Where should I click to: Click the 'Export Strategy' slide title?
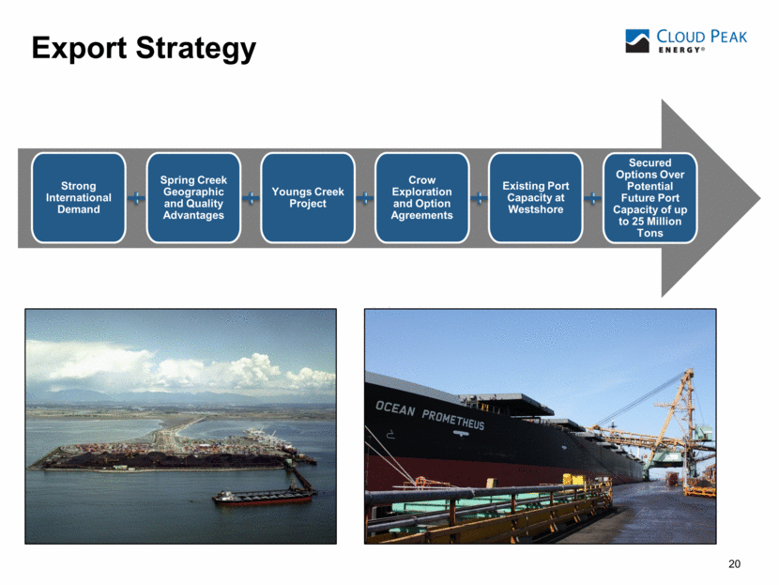(x=144, y=49)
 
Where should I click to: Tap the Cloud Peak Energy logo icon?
(x=637, y=40)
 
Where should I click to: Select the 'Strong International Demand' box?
(x=79, y=198)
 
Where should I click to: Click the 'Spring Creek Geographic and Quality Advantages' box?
(x=193, y=198)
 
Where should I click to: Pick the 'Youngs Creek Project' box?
(x=308, y=198)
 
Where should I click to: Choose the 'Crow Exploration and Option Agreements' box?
(x=421, y=198)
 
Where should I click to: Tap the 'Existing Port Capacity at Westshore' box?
(x=536, y=198)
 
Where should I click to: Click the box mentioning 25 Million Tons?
(x=649, y=198)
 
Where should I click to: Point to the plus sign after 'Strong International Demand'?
(x=136, y=199)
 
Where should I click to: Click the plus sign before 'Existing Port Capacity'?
(x=479, y=199)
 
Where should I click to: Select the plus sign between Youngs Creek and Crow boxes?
(x=365, y=199)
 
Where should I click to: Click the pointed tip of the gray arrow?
(x=759, y=198)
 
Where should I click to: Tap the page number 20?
(x=734, y=563)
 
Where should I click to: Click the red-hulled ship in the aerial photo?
(x=264, y=497)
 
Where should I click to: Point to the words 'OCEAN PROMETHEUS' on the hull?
(x=430, y=415)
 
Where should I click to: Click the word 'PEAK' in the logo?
(x=729, y=37)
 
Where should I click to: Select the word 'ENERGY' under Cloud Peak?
(x=680, y=50)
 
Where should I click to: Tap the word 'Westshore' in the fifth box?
(x=536, y=209)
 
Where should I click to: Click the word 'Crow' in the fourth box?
(x=421, y=180)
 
